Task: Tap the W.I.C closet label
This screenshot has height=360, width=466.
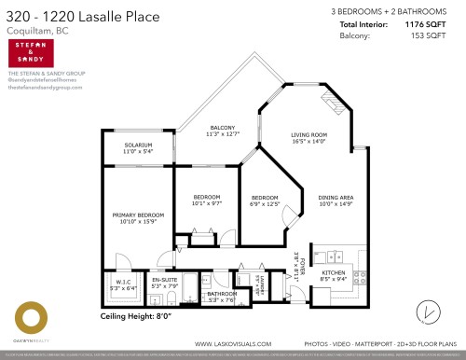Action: [123, 282]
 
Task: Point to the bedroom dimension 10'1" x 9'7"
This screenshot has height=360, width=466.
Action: [206, 203]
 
